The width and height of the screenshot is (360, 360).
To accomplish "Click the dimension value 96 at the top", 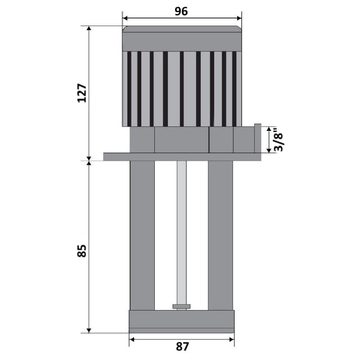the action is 181,12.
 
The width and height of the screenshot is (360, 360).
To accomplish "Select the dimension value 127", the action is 82,93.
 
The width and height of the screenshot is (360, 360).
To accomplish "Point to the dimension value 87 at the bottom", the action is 182,347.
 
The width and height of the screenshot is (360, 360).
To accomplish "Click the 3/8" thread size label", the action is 279,140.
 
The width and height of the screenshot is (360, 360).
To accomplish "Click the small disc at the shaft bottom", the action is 181,306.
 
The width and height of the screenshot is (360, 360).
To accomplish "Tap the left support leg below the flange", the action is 142,234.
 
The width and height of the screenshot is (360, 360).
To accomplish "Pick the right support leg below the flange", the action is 220,234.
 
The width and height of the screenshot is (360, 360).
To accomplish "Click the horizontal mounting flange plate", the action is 182,157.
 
